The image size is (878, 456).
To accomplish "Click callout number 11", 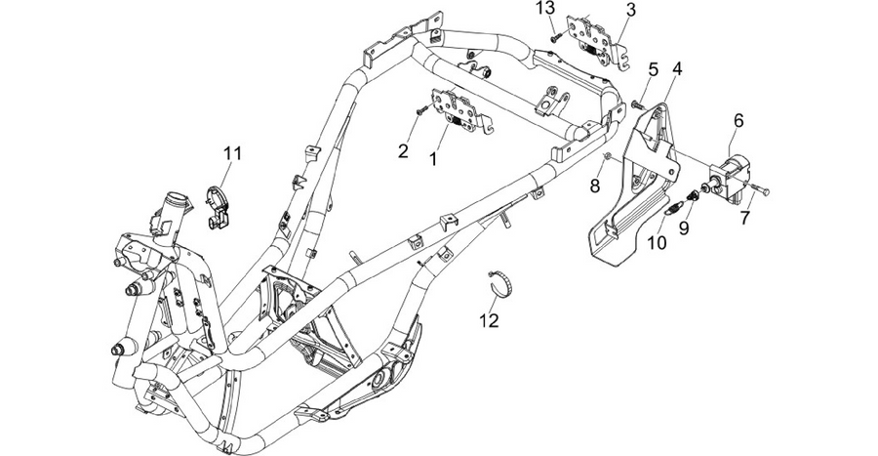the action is (232, 152).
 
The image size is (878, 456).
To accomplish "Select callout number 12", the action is (489, 320).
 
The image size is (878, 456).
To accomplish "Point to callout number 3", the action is (631, 10).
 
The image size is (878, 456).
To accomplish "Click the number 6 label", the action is (739, 120).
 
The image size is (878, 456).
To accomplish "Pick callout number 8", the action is (595, 186).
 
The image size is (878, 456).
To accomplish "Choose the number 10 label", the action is (658, 242).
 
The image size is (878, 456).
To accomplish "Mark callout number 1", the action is (433, 159).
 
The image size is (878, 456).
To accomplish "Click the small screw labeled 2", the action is (421, 111).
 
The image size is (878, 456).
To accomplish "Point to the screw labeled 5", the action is (638, 104).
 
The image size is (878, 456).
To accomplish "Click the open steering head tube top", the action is (179, 199).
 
